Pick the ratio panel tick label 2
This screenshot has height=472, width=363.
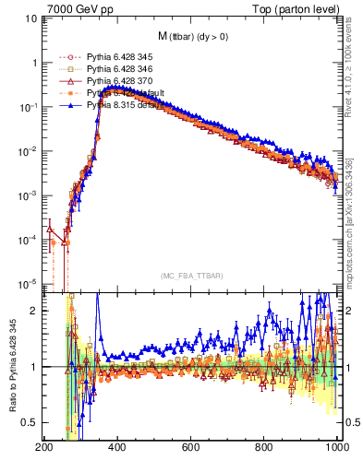pos(33,311)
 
